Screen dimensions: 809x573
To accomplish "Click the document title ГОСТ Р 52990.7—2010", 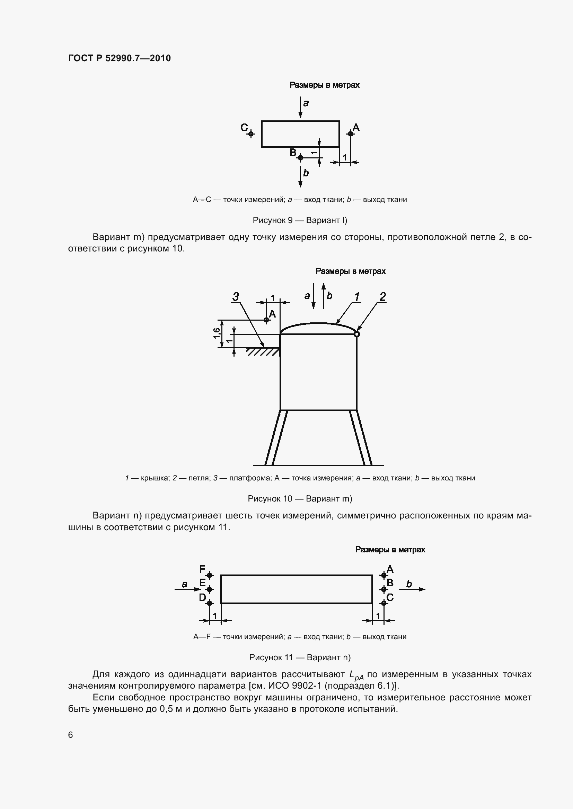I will [x=119, y=58].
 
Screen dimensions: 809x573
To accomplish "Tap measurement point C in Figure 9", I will [x=251, y=134].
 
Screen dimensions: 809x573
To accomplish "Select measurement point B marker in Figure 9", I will [x=300, y=158].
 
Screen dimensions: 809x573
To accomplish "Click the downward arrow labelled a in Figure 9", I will [x=300, y=108].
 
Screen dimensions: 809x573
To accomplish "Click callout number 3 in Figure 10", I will [x=236, y=297].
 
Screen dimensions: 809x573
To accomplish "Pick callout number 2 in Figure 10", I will [x=382, y=297].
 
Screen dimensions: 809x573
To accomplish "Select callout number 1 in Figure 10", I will [x=357, y=297].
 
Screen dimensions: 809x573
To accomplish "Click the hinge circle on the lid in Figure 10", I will [x=357, y=334].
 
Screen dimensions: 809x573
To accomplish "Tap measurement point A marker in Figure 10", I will [x=267, y=320].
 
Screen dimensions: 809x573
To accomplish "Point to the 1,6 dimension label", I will [x=217, y=333].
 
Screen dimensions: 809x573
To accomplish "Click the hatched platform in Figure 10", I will [x=263, y=351].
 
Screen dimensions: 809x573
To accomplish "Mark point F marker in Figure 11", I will [x=210, y=575].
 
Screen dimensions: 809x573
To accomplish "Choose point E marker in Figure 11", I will [x=210, y=589].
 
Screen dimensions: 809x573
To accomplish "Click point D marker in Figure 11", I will [x=210, y=603].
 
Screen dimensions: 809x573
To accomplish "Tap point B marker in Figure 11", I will [x=384, y=589].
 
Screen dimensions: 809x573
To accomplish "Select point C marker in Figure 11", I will [x=384, y=603].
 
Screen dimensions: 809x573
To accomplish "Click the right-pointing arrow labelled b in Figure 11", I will [x=413, y=589].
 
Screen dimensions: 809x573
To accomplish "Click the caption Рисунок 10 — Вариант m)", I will [x=300, y=499].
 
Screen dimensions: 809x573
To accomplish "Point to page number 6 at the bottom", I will [x=71, y=735].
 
